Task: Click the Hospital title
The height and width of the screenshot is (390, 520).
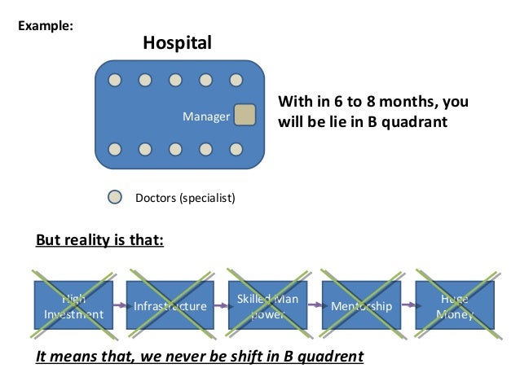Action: click(x=177, y=42)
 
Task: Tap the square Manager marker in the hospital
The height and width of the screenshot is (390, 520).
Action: click(x=245, y=116)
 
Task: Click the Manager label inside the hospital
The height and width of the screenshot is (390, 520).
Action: click(x=205, y=117)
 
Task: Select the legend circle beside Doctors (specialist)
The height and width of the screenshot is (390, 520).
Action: click(x=116, y=196)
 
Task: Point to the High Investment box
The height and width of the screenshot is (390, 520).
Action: click(x=73, y=305)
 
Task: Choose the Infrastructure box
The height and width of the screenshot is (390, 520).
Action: click(x=170, y=305)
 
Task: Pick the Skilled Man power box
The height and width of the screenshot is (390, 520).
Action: click(x=267, y=305)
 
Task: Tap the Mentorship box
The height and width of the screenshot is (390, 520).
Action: click(x=362, y=305)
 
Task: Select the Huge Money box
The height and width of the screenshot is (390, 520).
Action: click(x=455, y=305)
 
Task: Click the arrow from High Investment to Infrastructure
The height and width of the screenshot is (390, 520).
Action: click(x=121, y=305)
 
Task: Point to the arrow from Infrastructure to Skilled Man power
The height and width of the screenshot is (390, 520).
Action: click(x=218, y=305)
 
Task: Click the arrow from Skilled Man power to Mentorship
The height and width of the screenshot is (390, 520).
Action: click(x=314, y=305)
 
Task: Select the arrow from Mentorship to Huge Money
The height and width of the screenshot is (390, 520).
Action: click(x=409, y=305)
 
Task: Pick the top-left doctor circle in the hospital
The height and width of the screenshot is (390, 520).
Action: click(x=116, y=81)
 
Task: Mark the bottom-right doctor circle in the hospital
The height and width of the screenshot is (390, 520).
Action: click(x=236, y=150)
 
